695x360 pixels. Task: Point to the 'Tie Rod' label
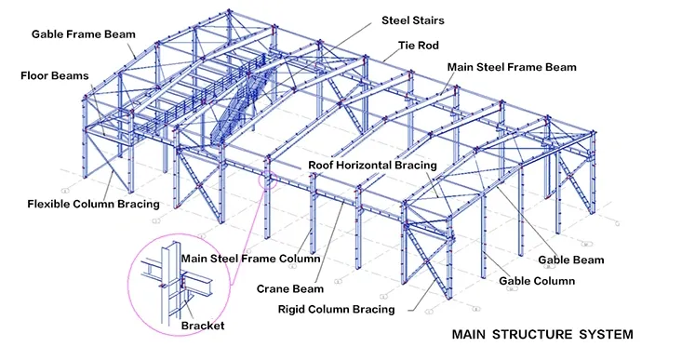[x=418, y=44]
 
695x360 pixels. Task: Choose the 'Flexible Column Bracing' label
[x=93, y=204]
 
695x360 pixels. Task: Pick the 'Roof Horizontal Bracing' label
[x=372, y=166]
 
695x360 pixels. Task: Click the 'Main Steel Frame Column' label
[x=250, y=259]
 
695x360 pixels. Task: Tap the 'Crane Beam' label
[x=290, y=288]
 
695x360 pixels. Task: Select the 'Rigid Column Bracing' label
[x=337, y=309]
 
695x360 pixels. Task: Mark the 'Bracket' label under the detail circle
[x=203, y=326]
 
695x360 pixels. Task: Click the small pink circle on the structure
[x=269, y=174]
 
